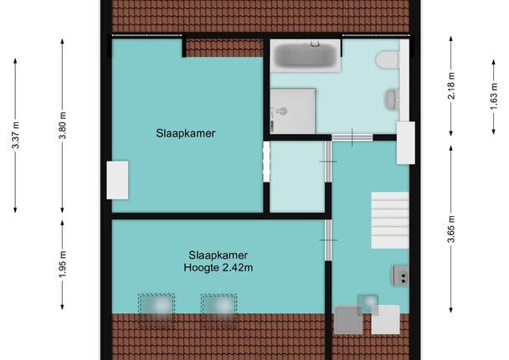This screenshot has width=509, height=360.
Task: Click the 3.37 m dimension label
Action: point(15,135)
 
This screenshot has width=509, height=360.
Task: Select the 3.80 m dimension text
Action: point(62,126)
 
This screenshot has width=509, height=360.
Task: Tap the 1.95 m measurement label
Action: point(62,265)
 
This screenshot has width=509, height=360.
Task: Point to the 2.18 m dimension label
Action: point(451,85)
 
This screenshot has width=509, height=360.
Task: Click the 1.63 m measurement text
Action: point(493,96)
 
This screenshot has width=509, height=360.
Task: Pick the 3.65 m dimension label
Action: point(451,229)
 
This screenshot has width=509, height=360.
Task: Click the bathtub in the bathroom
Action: point(306,55)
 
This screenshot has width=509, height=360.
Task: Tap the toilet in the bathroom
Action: point(388,59)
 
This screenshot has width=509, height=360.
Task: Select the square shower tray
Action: point(293,111)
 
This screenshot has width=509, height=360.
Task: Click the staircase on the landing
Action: point(390,220)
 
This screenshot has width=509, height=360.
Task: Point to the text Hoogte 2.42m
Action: point(219,268)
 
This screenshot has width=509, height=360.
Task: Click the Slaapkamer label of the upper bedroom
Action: point(185,133)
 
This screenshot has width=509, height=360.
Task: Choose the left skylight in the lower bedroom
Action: point(157,311)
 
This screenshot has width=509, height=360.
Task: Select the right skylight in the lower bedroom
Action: point(219,311)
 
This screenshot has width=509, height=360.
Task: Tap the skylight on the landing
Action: point(368,305)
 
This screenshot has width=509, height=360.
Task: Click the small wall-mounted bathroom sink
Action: point(392,99)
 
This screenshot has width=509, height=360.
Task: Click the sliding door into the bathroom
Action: point(352,137)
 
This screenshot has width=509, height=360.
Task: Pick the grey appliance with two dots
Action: point(401,275)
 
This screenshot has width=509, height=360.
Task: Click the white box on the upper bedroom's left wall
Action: point(117,180)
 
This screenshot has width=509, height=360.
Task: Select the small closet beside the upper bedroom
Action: point(297,177)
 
